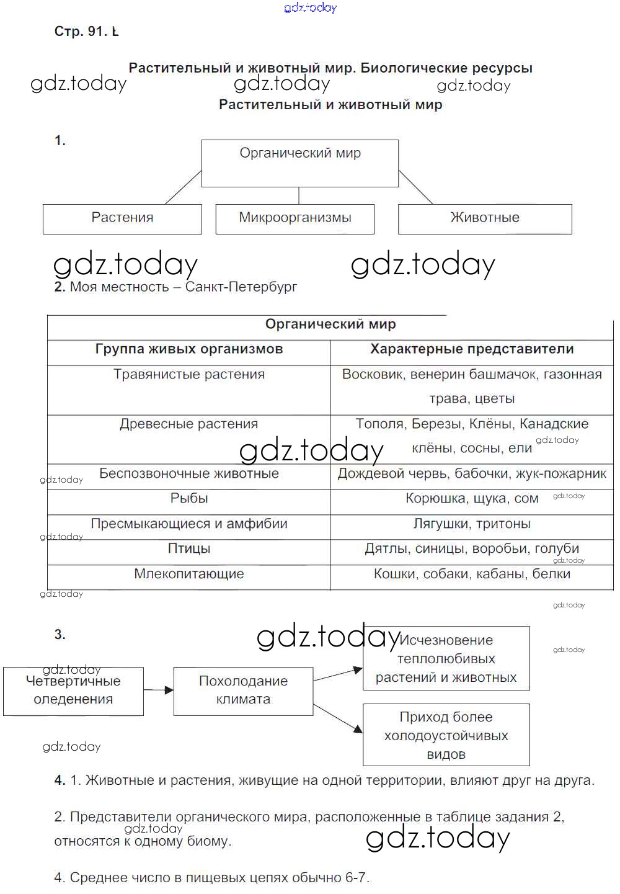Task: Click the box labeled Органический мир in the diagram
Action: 299,163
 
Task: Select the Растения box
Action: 122,218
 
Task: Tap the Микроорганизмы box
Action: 295,218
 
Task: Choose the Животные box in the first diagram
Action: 485,218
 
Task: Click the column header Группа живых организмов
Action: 189,350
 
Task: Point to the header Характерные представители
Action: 472,350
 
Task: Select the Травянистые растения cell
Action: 189,375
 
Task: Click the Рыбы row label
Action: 189,499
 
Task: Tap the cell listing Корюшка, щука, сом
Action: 472,499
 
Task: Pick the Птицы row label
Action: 189,550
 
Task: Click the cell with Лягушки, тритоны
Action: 472,525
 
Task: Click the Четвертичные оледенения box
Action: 73,691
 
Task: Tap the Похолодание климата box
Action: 243,691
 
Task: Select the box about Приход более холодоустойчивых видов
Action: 446,736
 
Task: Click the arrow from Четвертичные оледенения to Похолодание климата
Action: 159,689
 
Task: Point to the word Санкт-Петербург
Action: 241,287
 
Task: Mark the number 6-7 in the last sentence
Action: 355,878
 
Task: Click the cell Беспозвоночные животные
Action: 189,475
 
